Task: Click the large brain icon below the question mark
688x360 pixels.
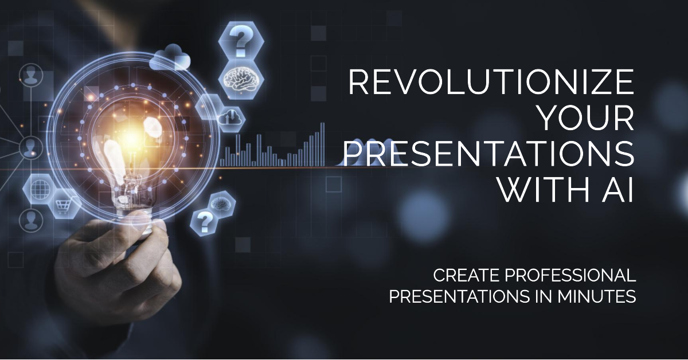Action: tap(241, 77)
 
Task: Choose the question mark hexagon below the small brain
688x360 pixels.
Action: tap(204, 220)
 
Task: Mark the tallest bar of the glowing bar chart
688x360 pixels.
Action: tap(322, 144)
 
